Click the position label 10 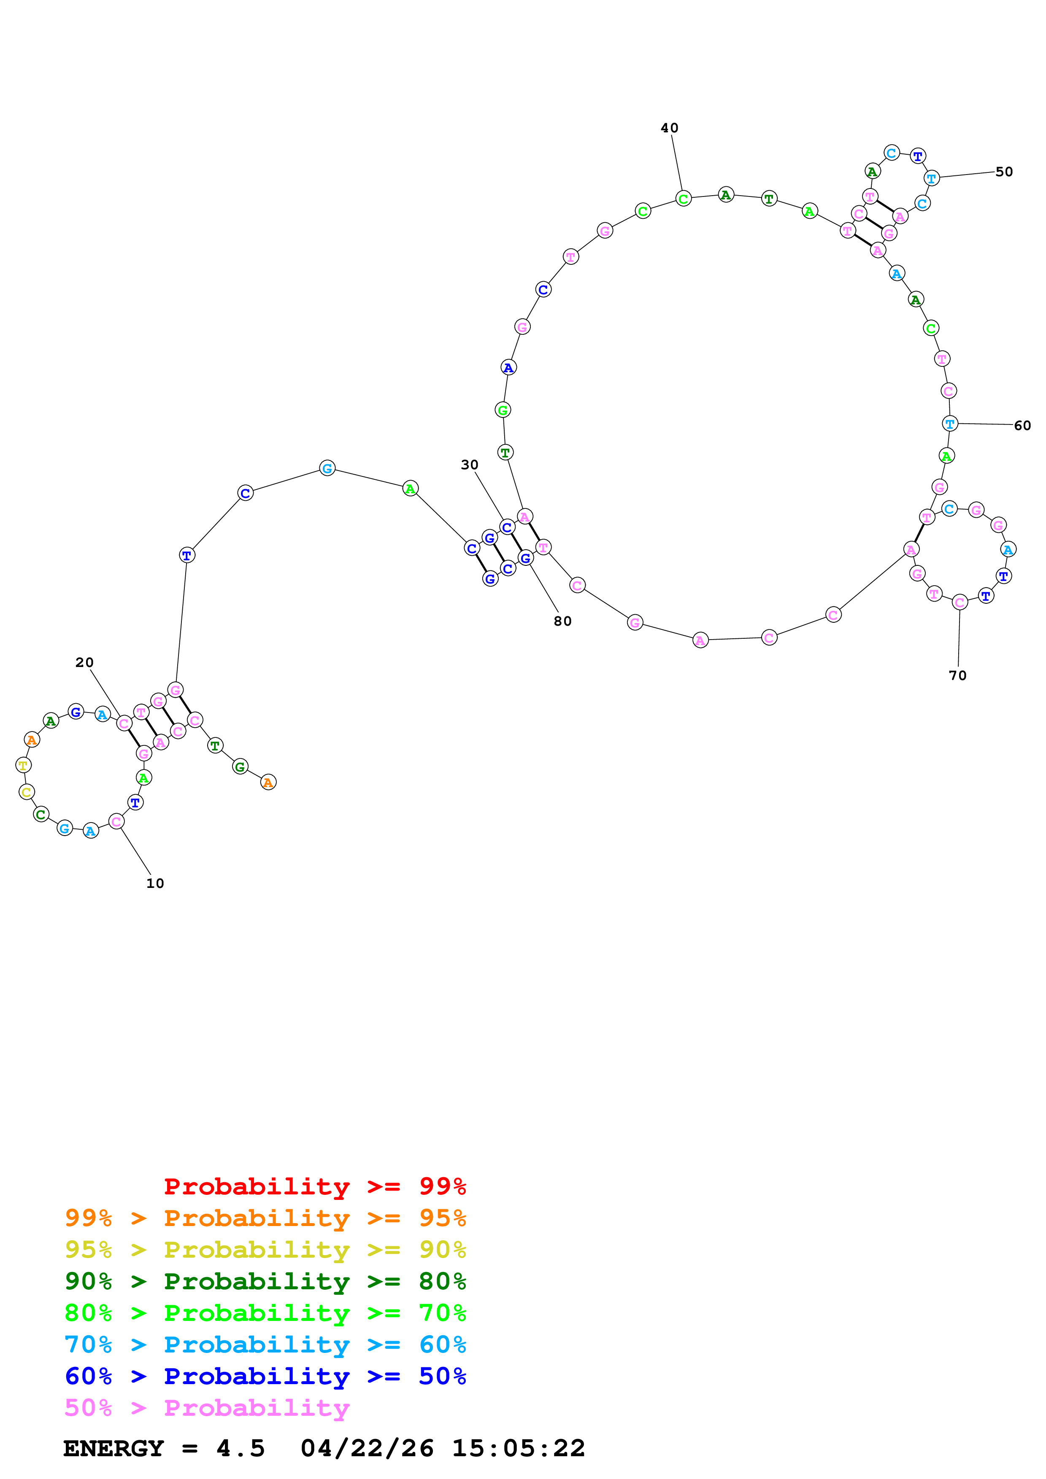click(x=155, y=883)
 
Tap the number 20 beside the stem click(x=84, y=662)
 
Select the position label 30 click(x=469, y=465)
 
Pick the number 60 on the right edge click(x=1022, y=425)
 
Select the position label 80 click(x=562, y=621)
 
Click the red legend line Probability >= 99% click(x=314, y=1186)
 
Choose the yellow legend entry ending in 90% click(x=265, y=1249)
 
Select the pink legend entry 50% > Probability click(x=206, y=1407)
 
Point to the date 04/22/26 click(x=367, y=1448)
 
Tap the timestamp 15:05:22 click(x=518, y=1448)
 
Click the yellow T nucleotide click(x=23, y=765)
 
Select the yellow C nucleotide click(x=27, y=792)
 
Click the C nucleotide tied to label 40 click(x=683, y=199)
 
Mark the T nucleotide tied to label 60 click(x=949, y=423)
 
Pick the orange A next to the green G click(x=268, y=782)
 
